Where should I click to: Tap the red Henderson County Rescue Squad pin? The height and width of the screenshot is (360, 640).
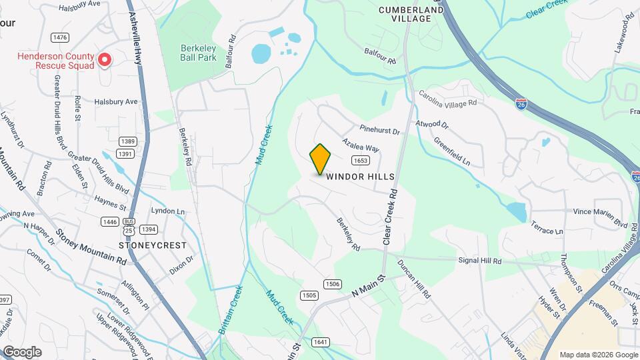pyautogui.click(x=105, y=61)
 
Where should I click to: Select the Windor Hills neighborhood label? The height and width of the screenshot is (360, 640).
pyautogui.click(x=361, y=177)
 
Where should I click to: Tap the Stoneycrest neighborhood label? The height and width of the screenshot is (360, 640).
pyautogui.click(x=153, y=245)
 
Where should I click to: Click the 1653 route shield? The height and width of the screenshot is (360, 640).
pyautogui.click(x=361, y=160)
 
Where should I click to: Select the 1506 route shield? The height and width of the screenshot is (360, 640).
pyautogui.click(x=333, y=284)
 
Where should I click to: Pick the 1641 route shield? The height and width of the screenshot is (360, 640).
pyautogui.click(x=321, y=342)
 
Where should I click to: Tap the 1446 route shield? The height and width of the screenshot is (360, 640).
pyautogui.click(x=109, y=221)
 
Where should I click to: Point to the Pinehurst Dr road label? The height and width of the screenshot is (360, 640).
pyautogui.click(x=379, y=131)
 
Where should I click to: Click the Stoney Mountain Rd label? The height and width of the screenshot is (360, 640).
pyautogui.click(x=91, y=248)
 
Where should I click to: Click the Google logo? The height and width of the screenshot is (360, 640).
pyautogui.click(x=22, y=351)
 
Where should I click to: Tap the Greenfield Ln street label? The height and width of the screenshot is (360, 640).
pyautogui.click(x=452, y=153)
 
